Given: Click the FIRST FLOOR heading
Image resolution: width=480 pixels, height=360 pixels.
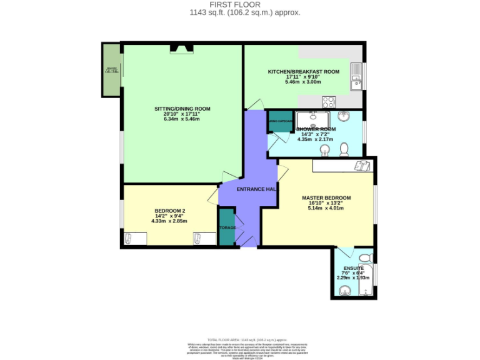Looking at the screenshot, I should [240, 4].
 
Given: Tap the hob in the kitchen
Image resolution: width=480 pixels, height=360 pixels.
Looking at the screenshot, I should [329, 102].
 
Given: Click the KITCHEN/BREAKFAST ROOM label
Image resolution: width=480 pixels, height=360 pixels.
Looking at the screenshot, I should [303, 72].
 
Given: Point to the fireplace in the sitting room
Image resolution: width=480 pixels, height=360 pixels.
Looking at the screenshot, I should [182, 47].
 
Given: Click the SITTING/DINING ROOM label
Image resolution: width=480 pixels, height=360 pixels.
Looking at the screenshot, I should [182, 109].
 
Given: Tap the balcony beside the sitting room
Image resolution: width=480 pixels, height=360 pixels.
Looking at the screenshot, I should [111, 70].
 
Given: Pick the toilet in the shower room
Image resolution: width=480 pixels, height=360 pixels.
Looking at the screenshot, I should [344, 149].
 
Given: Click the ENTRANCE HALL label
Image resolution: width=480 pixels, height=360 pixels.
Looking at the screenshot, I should [257, 189].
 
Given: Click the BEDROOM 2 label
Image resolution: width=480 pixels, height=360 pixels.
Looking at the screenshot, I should [169, 211].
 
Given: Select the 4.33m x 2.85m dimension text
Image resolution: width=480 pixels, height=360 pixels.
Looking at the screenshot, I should [169, 221].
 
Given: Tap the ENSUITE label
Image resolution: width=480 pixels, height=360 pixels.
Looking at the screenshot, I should [353, 268].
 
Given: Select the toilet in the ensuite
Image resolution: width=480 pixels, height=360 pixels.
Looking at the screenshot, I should [366, 257].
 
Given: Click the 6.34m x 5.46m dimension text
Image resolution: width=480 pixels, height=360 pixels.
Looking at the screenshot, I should [182, 119].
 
